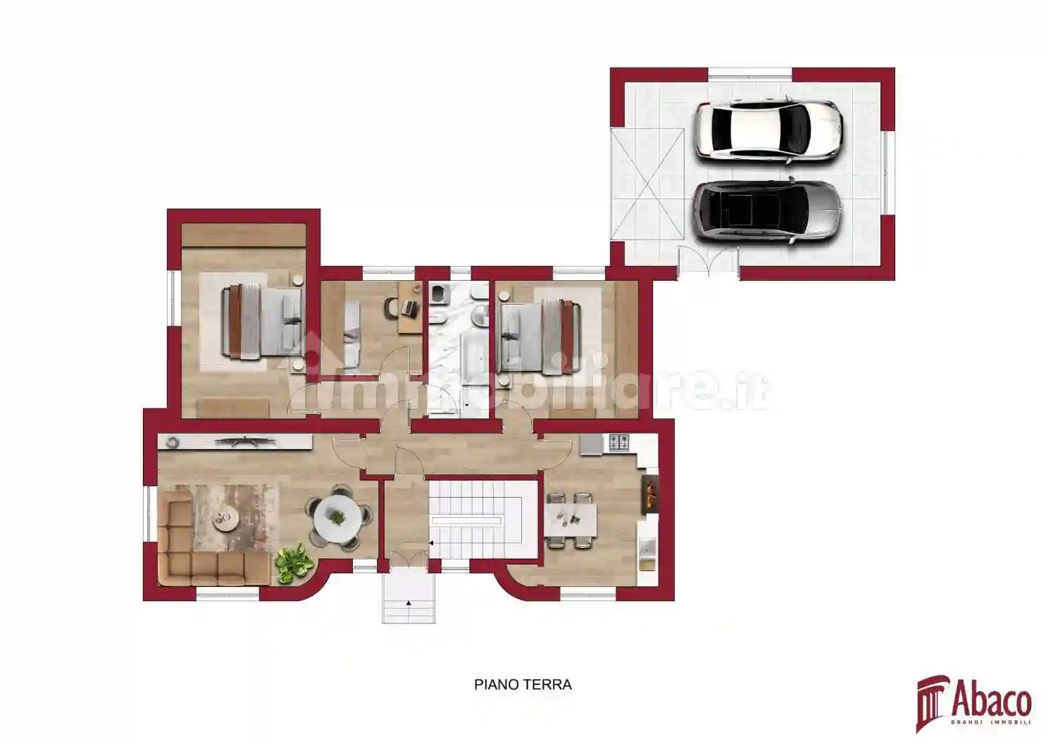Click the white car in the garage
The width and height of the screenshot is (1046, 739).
[768, 130]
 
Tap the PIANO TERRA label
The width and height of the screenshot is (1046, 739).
[523, 684]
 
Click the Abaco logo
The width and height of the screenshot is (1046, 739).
[973, 702]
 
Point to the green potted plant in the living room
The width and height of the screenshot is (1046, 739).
[294, 562]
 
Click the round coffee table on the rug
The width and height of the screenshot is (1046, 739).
[227, 519]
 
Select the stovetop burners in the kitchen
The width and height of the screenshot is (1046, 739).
[619, 443]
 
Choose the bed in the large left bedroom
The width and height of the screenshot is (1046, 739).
[262, 320]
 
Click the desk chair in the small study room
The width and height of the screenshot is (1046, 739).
[392, 307]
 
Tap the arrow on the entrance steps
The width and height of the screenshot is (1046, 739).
[407, 603]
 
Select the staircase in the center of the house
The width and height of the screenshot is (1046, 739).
[475, 519]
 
